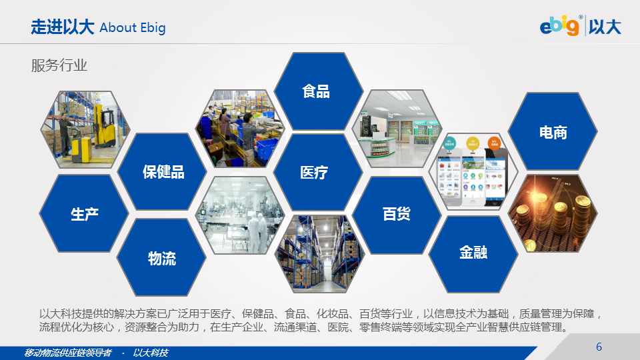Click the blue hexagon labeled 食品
click(319, 91)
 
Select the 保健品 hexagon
click(162, 172)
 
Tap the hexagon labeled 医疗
click(318, 172)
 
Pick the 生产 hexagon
click(84, 213)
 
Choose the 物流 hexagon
click(161, 257)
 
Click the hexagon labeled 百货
click(397, 215)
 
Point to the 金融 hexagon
click(473, 254)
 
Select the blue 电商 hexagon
click(553, 131)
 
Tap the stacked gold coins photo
click(553, 213)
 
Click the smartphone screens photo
click(473, 172)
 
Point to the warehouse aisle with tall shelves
click(319, 254)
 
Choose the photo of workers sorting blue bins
click(241, 129)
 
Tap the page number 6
click(599, 347)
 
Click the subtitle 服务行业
click(59, 65)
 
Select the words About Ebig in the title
click(132, 28)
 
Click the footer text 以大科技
click(150, 353)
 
